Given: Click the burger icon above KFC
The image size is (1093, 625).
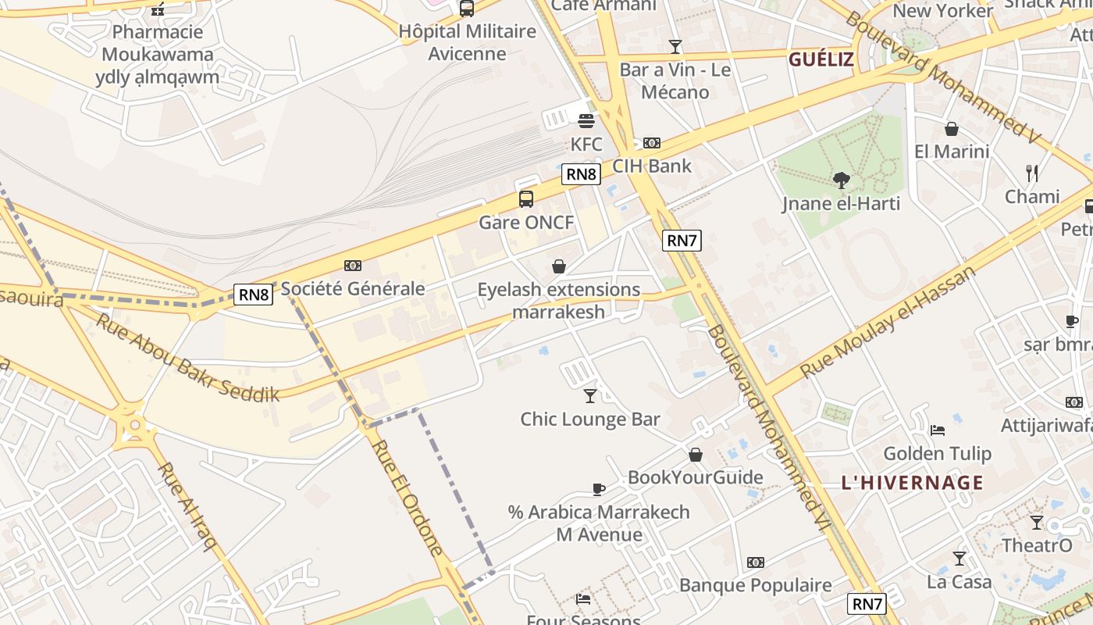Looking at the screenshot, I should [586, 120].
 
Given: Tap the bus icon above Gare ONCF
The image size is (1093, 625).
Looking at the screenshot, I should [526, 198].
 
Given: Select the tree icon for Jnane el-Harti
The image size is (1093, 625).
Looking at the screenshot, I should [841, 180].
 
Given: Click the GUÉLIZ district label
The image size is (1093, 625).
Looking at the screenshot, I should [821, 60].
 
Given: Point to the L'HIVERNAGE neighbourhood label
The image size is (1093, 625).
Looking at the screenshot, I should [912, 483].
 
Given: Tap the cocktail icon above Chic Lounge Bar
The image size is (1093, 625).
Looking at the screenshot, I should [590, 396].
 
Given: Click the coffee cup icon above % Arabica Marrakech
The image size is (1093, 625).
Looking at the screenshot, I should [599, 490].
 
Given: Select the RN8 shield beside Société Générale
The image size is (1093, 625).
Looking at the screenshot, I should [254, 295].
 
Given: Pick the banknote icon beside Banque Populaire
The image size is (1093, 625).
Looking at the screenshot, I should [755, 562].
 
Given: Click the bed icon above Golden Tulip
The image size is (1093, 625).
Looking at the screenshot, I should [938, 430].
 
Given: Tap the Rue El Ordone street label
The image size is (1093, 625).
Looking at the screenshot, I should [407, 498].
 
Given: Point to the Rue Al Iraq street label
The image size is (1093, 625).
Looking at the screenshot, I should [187, 506].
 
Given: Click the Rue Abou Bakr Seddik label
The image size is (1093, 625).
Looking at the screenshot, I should [187, 358].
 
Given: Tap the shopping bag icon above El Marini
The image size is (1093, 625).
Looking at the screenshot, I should [951, 129].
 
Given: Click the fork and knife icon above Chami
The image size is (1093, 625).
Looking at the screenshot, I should [1032, 173].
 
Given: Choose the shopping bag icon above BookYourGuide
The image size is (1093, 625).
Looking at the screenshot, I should [695, 455].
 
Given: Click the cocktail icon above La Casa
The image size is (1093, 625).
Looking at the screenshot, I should [959, 559].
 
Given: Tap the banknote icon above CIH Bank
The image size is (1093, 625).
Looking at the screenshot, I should [652, 143].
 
